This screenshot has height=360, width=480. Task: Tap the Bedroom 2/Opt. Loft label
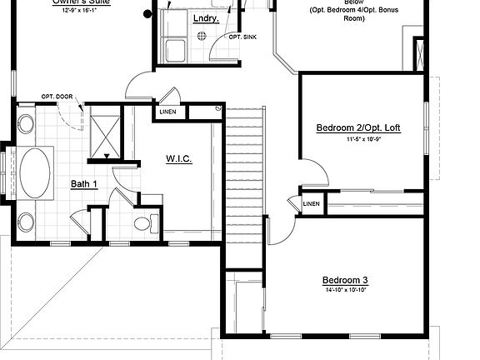(x=358, y=127)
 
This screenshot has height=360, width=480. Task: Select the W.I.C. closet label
(x=179, y=158)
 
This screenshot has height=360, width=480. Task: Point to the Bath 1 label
(x=84, y=184)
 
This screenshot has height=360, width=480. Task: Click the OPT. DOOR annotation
(x=56, y=97)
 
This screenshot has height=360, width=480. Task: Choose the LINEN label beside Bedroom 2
(x=312, y=203)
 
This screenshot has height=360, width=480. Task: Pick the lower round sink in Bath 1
(x=25, y=222)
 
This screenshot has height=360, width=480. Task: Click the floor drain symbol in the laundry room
(x=201, y=36)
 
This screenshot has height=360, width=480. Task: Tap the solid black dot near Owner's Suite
(x=148, y=13)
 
